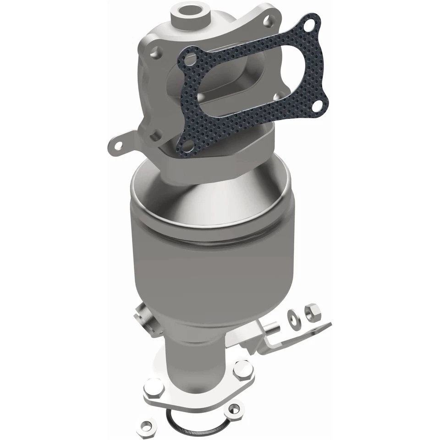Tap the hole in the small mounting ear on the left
pos(118,145)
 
